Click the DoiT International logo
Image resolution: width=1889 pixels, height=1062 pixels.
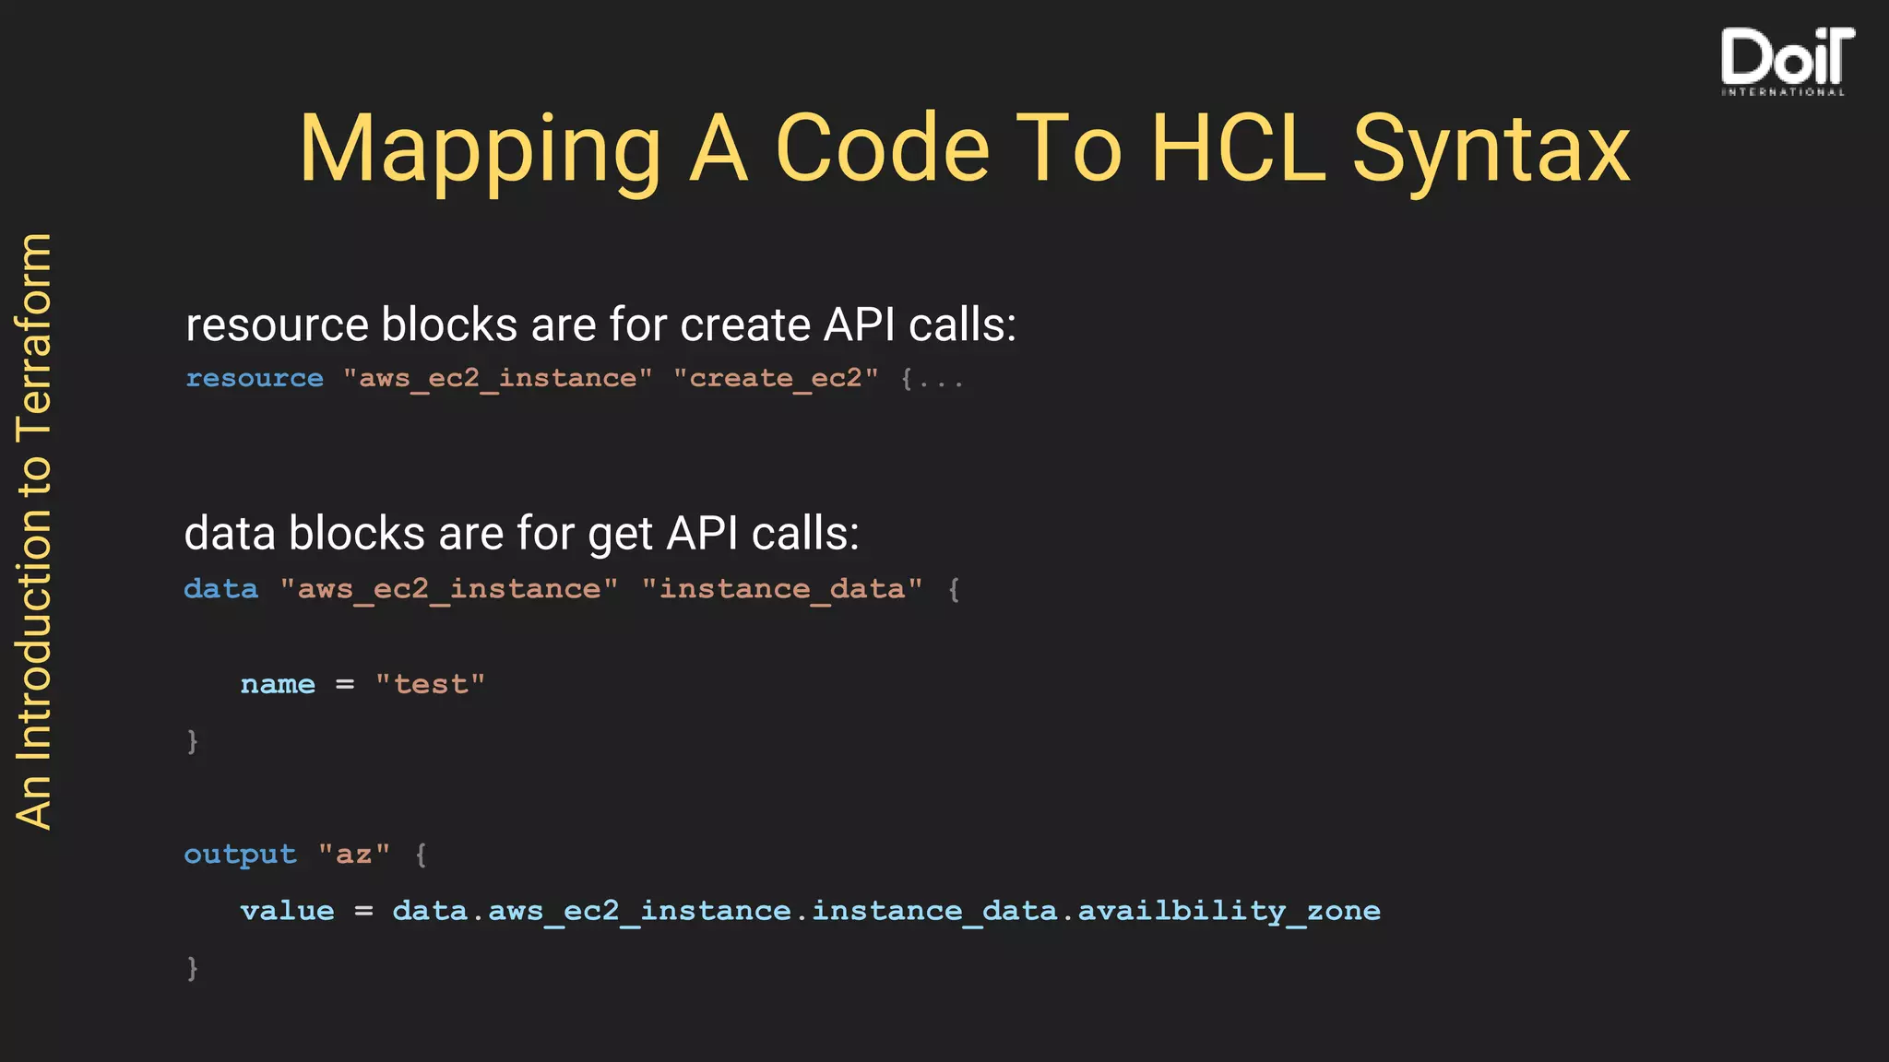(x=1786, y=61)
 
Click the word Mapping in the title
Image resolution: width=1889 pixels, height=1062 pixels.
(x=480, y=149)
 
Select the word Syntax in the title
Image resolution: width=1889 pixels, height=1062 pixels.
(x=1491, y=149)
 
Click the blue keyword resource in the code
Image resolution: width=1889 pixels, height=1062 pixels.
(x=255, y=379)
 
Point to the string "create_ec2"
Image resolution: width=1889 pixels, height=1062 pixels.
(x=776, y=379)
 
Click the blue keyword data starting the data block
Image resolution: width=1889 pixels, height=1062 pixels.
(x=221, y=589)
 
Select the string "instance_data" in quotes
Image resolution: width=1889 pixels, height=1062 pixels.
(x=782, y=589)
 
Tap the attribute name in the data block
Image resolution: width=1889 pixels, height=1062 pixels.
(x=278, y=685)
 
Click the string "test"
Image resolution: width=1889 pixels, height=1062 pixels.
(x=430, y=685)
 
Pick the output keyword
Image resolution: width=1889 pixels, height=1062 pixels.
(x=240, y=855)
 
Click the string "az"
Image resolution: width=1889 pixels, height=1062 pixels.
(x=354, y=855)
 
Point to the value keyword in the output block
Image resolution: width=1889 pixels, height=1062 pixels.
(x=287, y=912)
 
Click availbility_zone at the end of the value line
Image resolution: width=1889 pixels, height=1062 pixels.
(x=1229, y=912)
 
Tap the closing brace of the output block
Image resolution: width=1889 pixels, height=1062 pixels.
(x=192, y=968)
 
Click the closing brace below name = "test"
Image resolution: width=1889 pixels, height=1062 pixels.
(x=192, y=741)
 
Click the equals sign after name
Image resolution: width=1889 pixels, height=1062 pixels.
(x=345, y=685)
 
